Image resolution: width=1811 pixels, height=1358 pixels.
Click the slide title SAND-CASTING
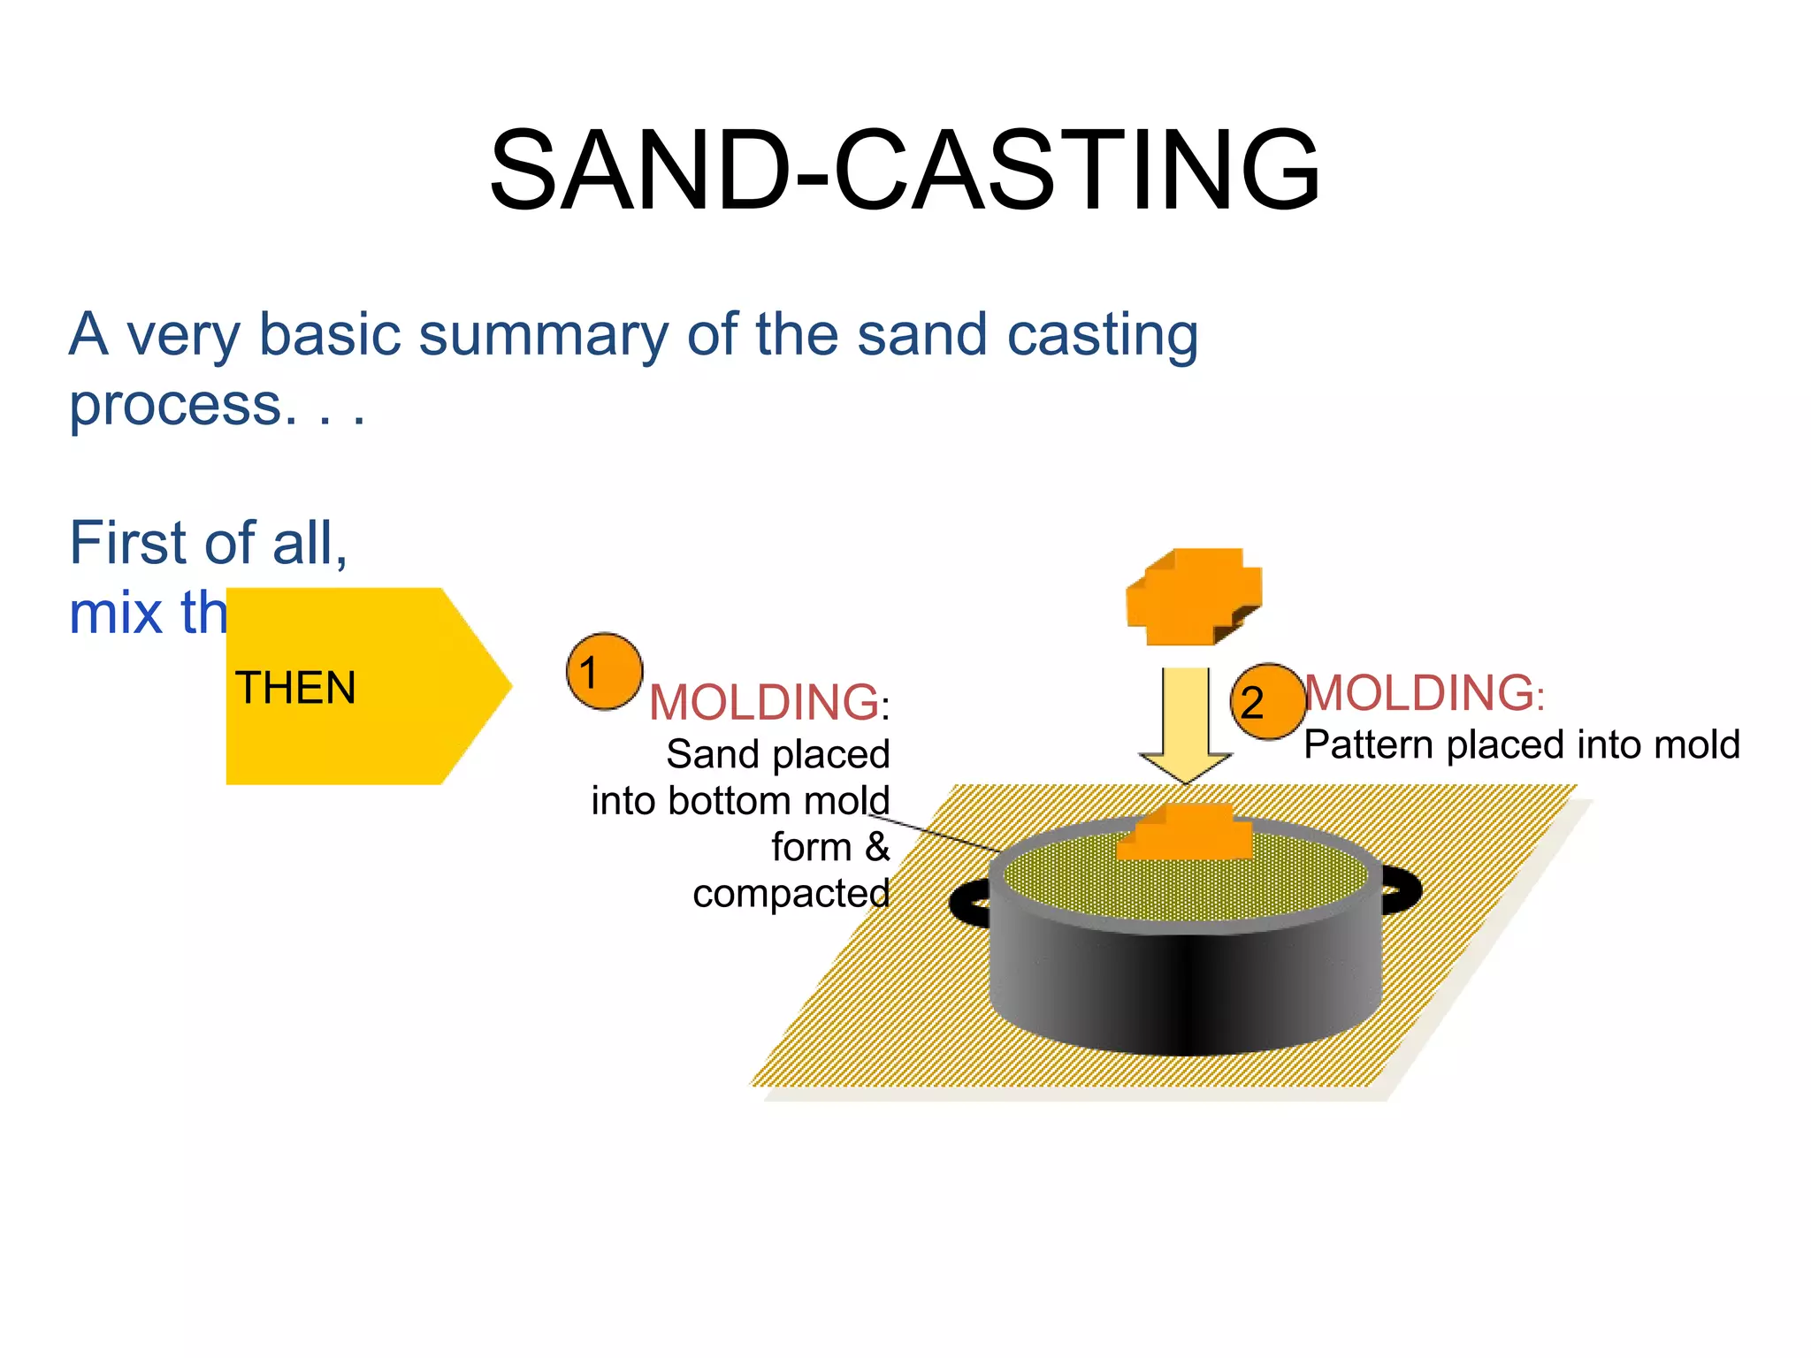[x=904, y=170]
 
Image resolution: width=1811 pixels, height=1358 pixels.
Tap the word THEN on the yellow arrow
[x=295, y=688]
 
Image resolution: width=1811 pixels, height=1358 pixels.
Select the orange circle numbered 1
[x=604, y=671]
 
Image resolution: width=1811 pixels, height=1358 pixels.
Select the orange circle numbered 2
[x=1266, y=702]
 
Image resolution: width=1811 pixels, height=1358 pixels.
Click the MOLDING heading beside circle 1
[x=764, y=703]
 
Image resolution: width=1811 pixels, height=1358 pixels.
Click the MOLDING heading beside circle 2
[x=1419, y=692]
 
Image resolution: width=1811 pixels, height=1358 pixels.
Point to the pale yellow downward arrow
[x=1185, y=721]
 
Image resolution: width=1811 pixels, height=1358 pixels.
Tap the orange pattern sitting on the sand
[x=1185, y=834]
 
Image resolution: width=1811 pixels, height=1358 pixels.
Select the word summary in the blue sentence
[x=544, y=336]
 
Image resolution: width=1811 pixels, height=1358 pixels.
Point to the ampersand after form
[x=876, y=847]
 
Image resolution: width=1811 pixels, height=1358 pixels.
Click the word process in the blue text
[x=175, y=407]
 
